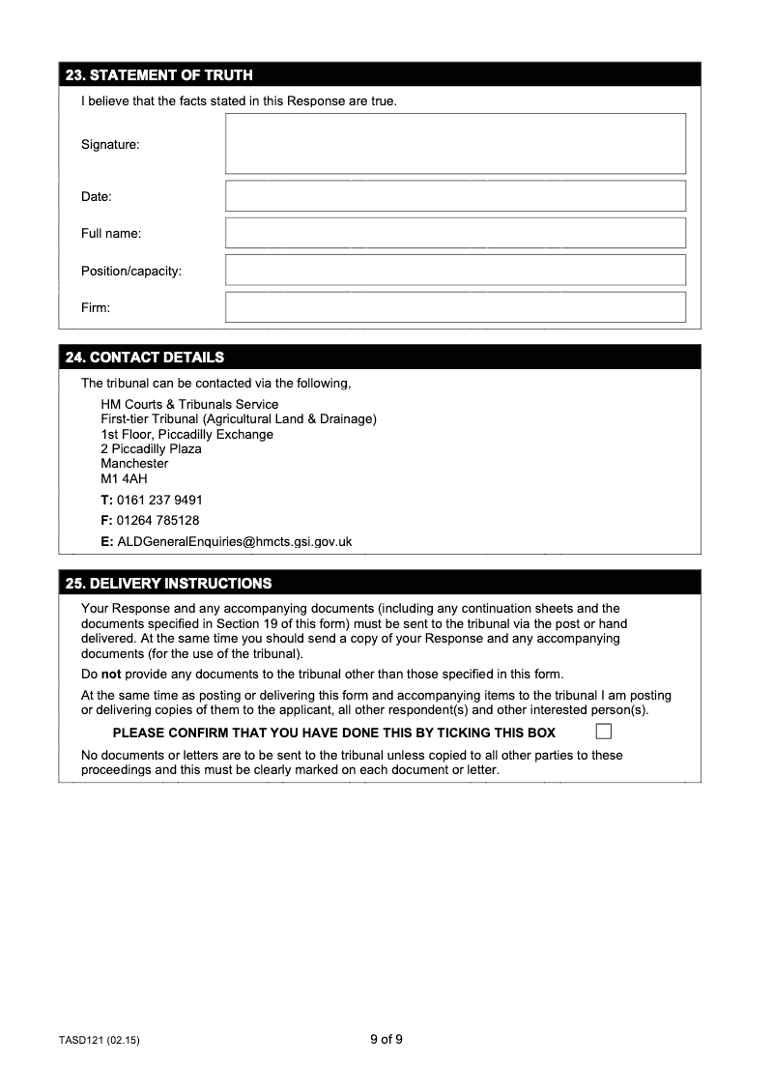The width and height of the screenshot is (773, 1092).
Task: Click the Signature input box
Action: click(x=455, y=144)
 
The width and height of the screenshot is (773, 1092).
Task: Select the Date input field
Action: click(x=455, y=196)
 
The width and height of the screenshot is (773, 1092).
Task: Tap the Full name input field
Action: click(x=455, y=233)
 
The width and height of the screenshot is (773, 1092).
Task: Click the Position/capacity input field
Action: click(x=455, y=271)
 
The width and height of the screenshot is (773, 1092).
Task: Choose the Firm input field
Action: click(x=455, y=307)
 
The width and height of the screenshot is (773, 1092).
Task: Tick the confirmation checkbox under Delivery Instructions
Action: click(x=604, y=731)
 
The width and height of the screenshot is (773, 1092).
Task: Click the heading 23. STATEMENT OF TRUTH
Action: click(x=158, y=75)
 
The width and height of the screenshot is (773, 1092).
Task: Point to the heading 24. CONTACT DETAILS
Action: click(x=144, y=358)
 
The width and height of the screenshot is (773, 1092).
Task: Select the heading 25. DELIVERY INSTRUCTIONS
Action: click(x=168, y=584)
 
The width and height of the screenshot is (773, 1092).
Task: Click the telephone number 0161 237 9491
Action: click(x=159, y=500)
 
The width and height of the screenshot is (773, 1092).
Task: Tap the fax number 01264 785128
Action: click(x=157, y=520)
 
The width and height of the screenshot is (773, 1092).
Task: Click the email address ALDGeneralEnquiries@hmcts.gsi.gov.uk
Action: click(x=234, y=541)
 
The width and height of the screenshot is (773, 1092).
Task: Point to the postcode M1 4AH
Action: click(x=124, y=478)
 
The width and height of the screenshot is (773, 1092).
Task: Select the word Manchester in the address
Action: click(x=134, y=464)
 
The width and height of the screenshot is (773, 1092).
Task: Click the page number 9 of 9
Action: click(x=386, y=1040)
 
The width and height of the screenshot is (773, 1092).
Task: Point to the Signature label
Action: click(x=110, y=144)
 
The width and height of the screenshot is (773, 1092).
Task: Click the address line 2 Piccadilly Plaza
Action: click(x=151, y=448)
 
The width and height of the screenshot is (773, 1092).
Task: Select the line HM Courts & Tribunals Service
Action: click(x=189, y=404)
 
